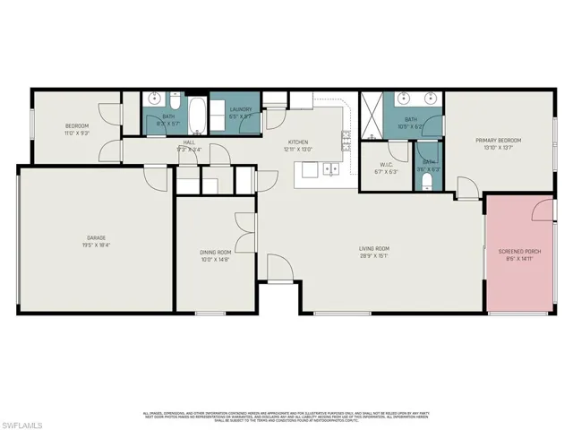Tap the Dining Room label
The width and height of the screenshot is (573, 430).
pyautogui.click(x=216, y=253)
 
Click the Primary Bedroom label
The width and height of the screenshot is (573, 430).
pyautogui.click(x=498, y=141)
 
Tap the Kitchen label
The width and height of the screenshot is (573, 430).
pyautogui.click(x=298, y=142)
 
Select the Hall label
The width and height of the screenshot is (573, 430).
pyautogui.click(x=189, y=142)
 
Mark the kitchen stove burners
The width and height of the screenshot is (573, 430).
pyautogui.click(x=346, y=138)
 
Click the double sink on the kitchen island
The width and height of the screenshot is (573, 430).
pyautogui.click(x=330, y=168)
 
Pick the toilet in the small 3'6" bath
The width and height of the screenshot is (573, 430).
pyautogui.click(x=428, y=182)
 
